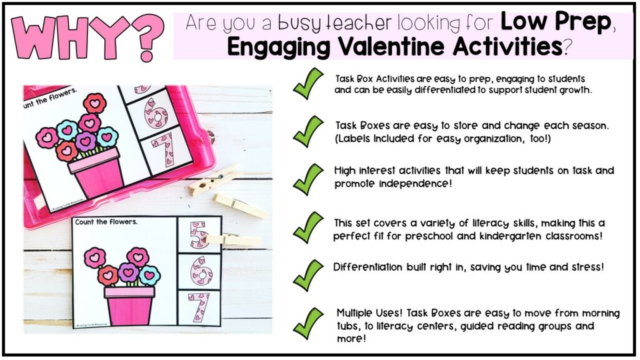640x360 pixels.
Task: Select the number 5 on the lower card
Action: [x=199, y=234]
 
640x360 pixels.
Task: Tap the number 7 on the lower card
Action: [x=199, y=307]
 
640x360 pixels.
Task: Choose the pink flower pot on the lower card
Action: [x=129, y=304]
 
